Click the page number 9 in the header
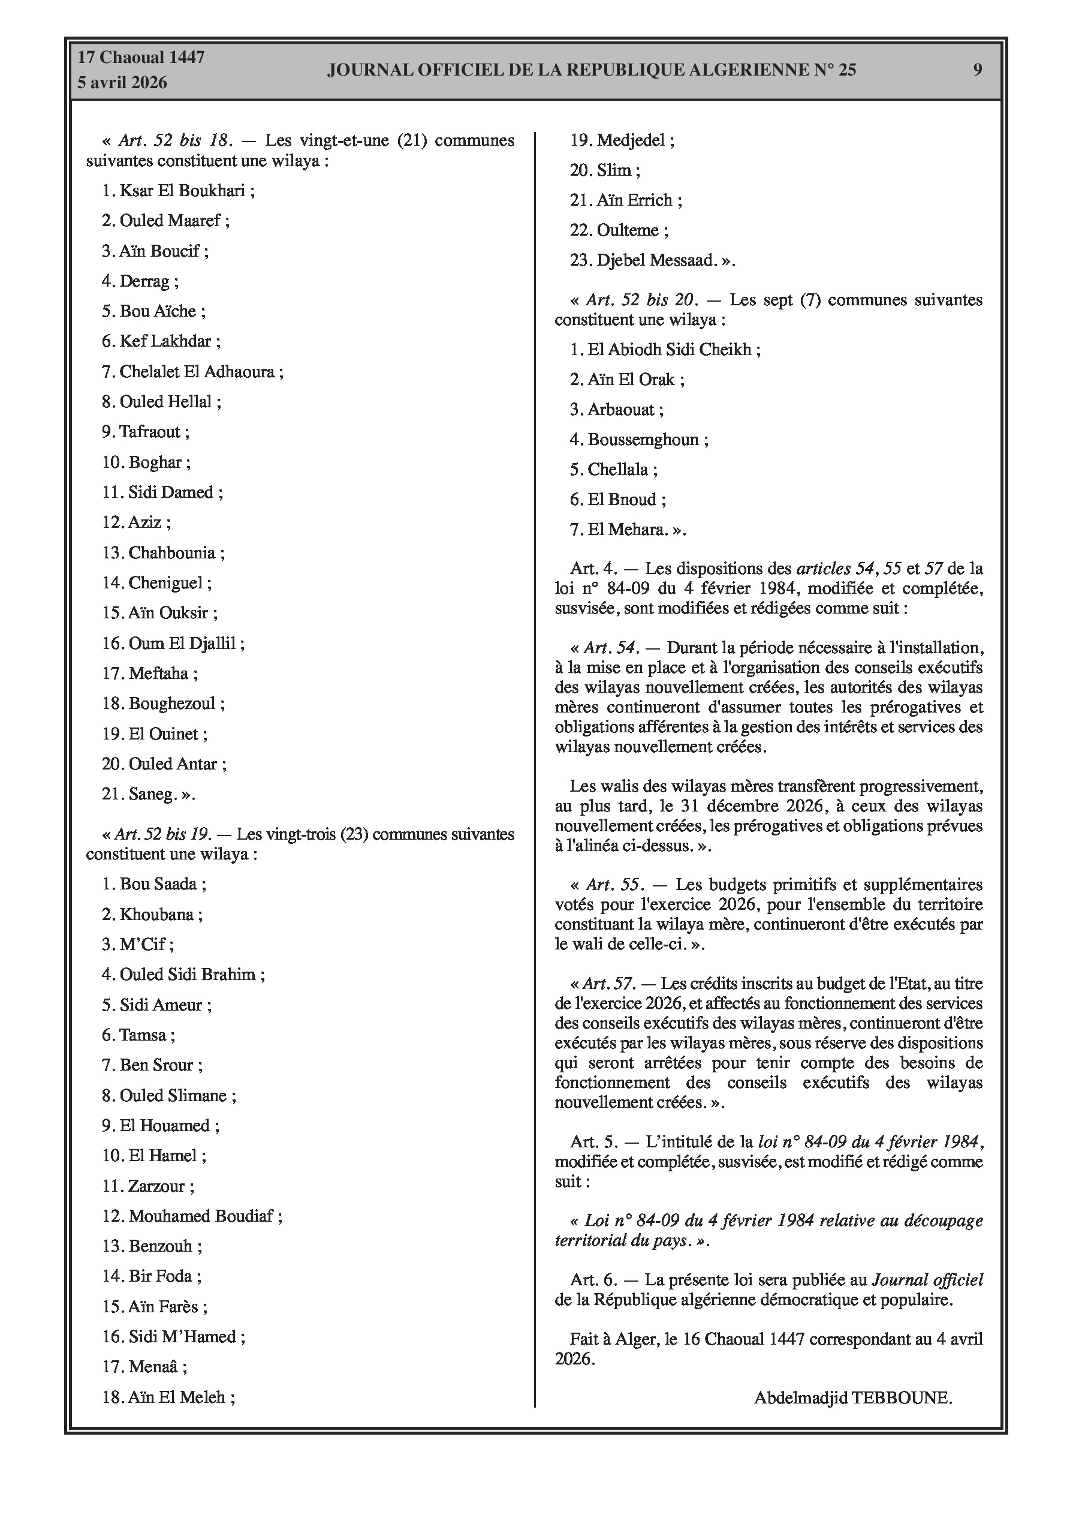[977, 70]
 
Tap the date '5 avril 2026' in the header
[122, 83]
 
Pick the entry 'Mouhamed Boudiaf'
[201, 1216]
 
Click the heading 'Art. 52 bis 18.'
[175, 140]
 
